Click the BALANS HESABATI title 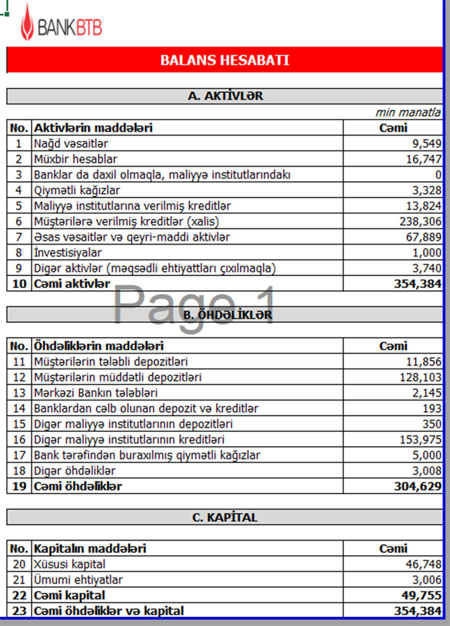tap(224, 60)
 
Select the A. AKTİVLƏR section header tap(225, 96)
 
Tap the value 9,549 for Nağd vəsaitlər tap(426, 144)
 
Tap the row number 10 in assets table tap(19, 284)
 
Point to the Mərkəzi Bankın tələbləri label tap(95, 392)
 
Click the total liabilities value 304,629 tap(417, 486)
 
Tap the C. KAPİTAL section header tap(225, 517)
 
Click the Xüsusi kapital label tap(69, 564)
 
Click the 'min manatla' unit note tap(408, 112)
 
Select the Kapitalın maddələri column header tap(90, 548)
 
